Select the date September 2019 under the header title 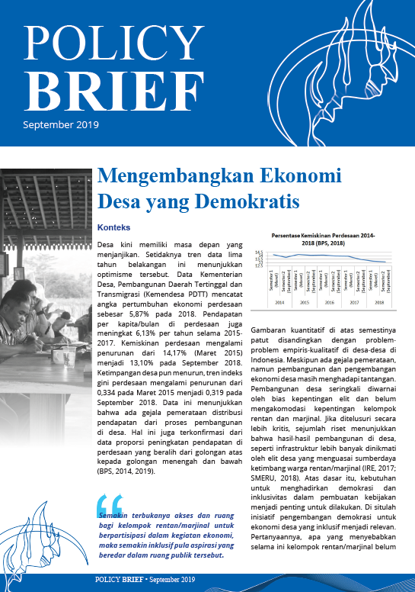pyautogui.click(x=61, y=124)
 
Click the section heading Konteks pyautogui.click(x=115, y=227)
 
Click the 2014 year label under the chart pyautogui.click(x=279, y=302)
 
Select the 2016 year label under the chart pyautogui.click(x=329, y=302)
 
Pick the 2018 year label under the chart pyautogui.click(x=378, y=302)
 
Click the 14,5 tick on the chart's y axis pyautogui.click(x=259, y=252)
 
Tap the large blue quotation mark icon pyautogui.click(x=110, y=504)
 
